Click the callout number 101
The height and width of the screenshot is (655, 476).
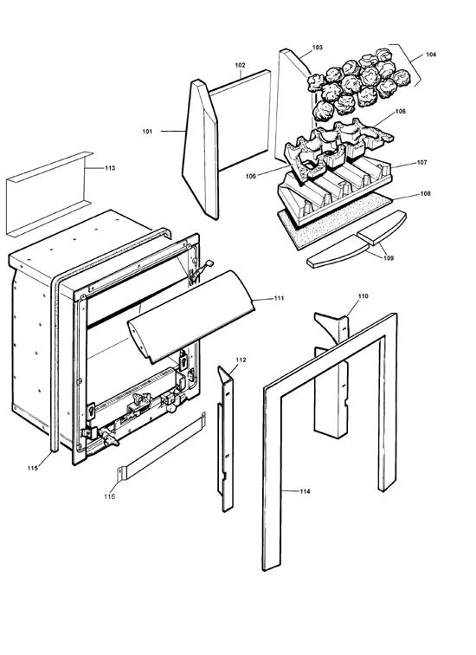pyautogui.click(x=147, y=132)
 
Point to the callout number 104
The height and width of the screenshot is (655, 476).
pyautogui.click(x=431, y=55)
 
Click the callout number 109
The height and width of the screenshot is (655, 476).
pyautogui.click(x=386, y=257)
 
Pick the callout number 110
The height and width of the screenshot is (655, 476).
pyautogui.click(x=363, y=296)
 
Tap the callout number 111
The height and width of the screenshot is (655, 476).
pyautogui.click(x=279, y=298)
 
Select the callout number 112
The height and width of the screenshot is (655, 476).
pyautogui.click(x=241, y=359)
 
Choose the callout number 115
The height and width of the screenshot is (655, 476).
pyautogui.click(x=32, y=468)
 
